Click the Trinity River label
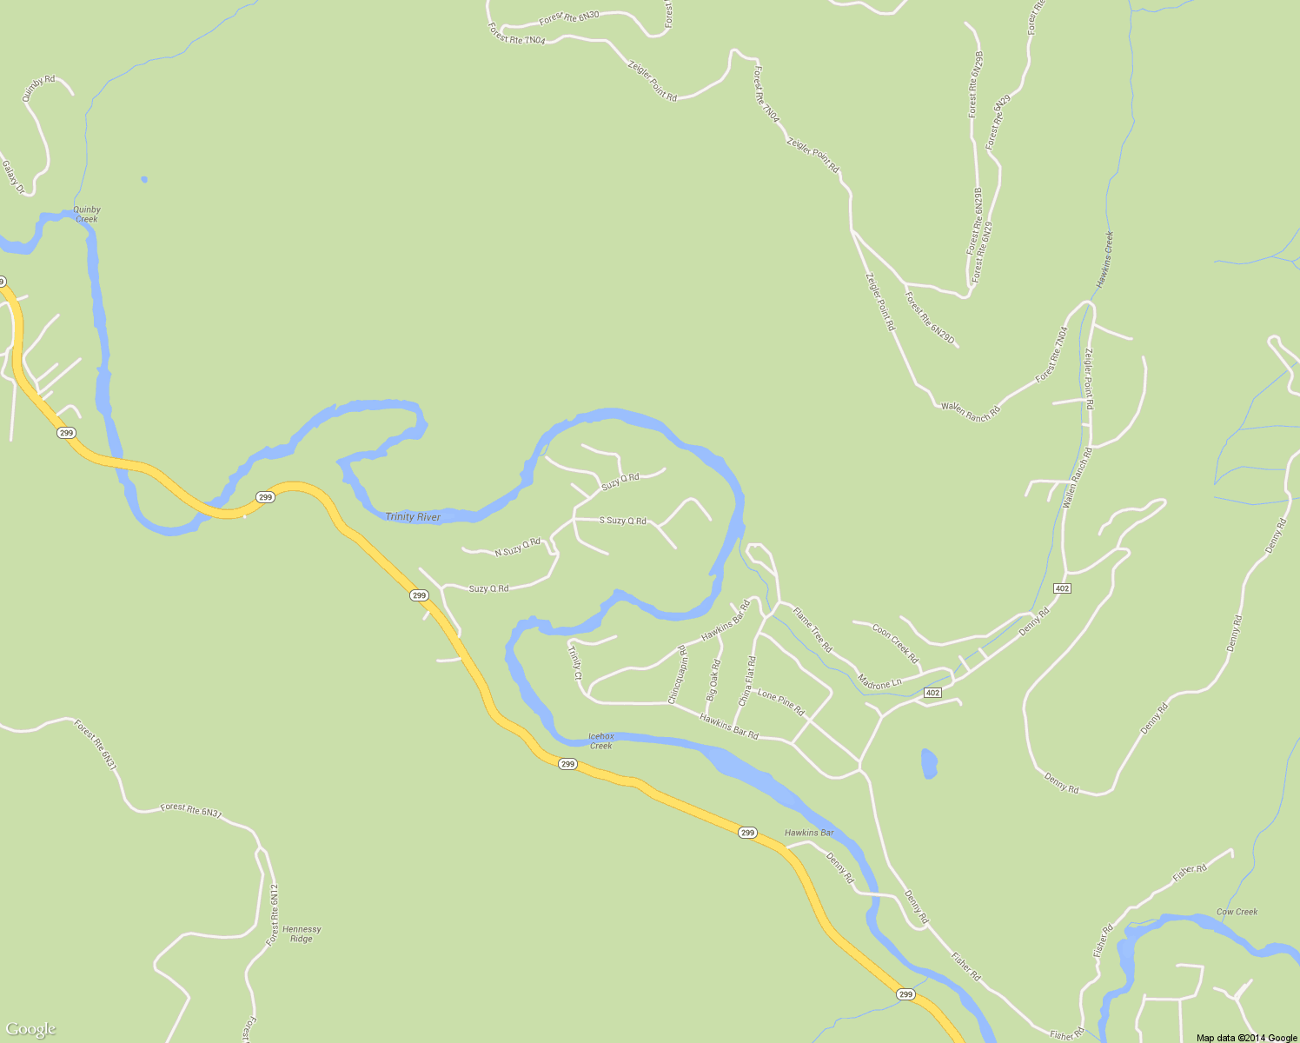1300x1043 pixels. [x=413, y=517]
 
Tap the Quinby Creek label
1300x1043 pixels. [x=87, y=214]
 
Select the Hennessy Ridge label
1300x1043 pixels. [x=302, y=933]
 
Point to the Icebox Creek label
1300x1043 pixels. [x=601, y=741]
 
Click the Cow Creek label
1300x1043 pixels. [x=1237, y=912]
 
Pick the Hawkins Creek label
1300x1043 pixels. [x=1104, y=260]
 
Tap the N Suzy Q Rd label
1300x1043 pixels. [x=517, y=548]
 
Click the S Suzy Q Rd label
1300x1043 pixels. [x=623, y=521]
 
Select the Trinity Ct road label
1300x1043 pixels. [x=574, y=662]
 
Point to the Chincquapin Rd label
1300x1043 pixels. [x=677, y=674]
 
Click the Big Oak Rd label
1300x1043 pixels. [x=713, y=681]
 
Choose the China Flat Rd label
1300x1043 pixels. [x=746, y=681]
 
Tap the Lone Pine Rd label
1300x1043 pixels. [x=781, y=701]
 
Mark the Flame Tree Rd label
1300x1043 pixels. [x=812, y=630]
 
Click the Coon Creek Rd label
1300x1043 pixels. [x=895, y=644]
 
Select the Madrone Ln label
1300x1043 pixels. [x=879, y=682]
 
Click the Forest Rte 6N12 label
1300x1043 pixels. [x=273, y=914]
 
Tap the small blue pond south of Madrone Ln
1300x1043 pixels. [x=929, y=763]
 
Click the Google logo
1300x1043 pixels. [x=31, y=1029]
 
